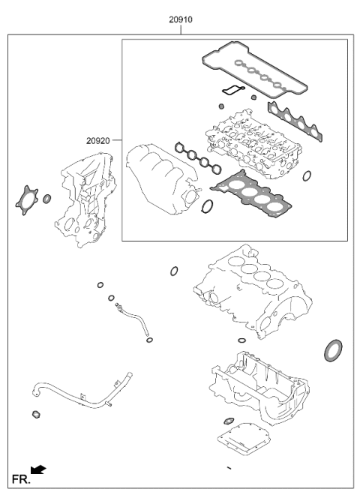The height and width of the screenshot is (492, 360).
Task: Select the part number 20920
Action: [x=98, y=140]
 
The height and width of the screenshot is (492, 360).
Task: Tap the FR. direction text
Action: [x=19, y=477]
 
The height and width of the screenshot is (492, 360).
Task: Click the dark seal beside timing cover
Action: [x=47, y=199]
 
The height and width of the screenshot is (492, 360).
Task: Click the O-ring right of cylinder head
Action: [x=307, y=176]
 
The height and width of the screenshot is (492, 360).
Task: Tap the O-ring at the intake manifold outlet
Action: [x=208, y=206]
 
